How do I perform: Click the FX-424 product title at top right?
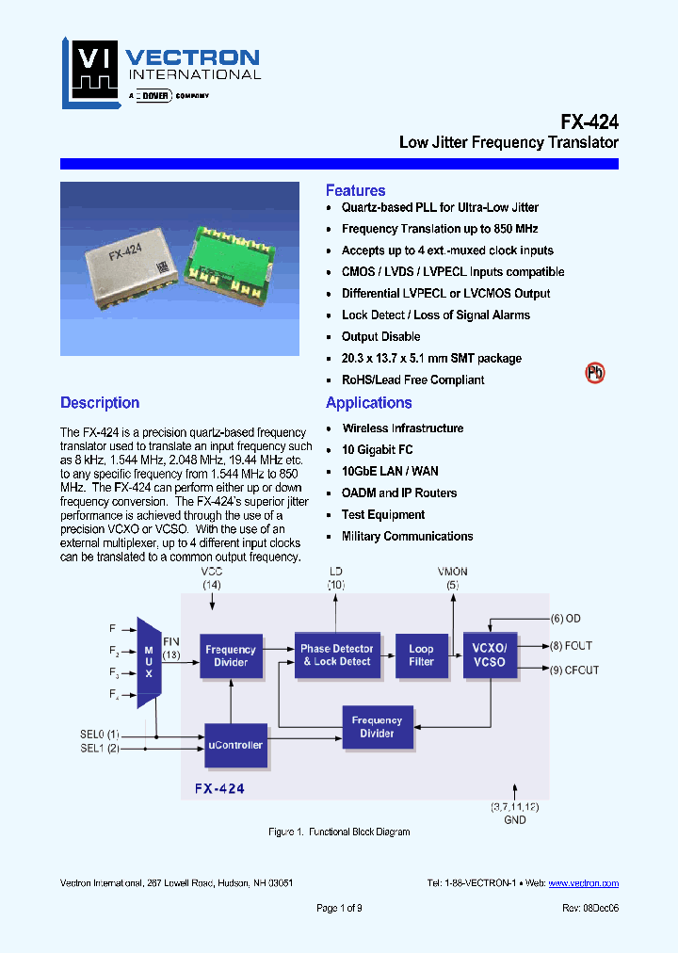(589, 121)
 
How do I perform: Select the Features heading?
(355, 190)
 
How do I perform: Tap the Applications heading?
(368, 403)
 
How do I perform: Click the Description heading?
(100, 403)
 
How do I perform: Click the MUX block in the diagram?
(148, 662)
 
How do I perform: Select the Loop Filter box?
(421, 655)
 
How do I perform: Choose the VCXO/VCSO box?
(490, 655)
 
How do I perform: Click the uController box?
(234, 745)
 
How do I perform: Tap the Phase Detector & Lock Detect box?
(336, 655)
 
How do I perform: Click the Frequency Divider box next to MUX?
(231, 655)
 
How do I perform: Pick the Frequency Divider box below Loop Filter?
(377, 726)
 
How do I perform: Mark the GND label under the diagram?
(515, 819)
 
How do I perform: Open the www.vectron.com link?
(583, 883)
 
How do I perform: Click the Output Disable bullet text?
(380, 337)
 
